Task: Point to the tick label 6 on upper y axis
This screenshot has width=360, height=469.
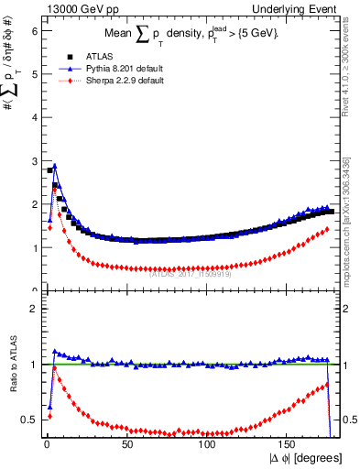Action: (34, 30)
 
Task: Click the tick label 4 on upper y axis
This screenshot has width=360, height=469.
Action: (34, 117)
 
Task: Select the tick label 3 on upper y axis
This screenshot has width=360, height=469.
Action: (34, 160)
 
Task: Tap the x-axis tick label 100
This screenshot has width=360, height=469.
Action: (206, 444)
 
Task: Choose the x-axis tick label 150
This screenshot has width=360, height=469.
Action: (288, 444)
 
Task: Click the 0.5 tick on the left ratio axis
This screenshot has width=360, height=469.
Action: (31, 420)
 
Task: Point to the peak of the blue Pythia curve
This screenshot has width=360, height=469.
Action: (55, 166)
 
